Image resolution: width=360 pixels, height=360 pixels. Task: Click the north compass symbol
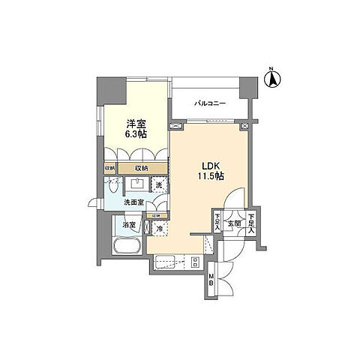pyautogui.click(x=274, y=76)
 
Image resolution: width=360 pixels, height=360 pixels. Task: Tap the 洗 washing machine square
pyautogui.click(x=159, y=185)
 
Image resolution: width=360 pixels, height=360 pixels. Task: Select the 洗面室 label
pyautogui.click(x=133, y=202)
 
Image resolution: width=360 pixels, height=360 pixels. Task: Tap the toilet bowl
pyautogui.click(x=112, y=186)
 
